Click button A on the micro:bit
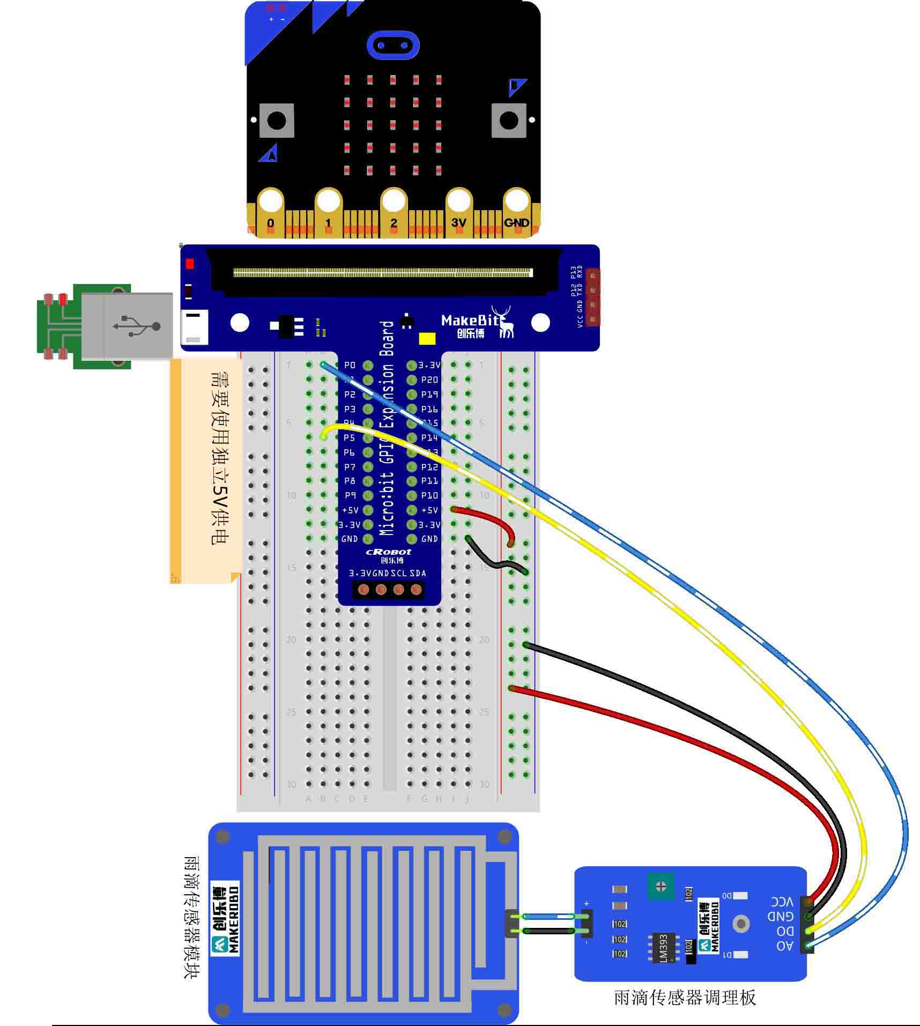tap(277, 121)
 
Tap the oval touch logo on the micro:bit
tap(392, 45)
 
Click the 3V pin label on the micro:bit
tap(458, 222)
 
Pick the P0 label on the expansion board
tap(350, 365)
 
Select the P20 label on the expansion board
tap(429, 380)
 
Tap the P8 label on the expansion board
tap(350, 481)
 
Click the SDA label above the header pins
tap(418, 573)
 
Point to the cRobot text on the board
tap(389, 552)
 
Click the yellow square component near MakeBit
tap(427, 339)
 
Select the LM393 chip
tap(663, 948)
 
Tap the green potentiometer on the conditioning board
tap(661, 887)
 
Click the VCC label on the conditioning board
tap(782, 902)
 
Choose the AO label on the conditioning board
tap(784, 946)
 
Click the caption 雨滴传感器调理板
tap(685, 998)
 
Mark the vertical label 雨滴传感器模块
tap(191, 917)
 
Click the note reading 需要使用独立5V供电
tap(219, 457)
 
